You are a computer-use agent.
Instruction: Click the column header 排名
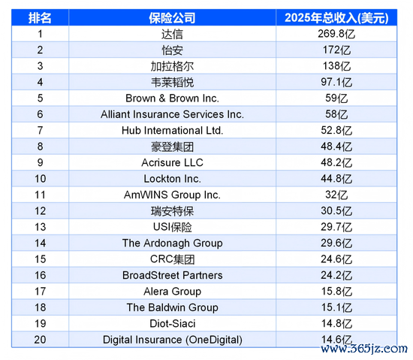coord(40,18)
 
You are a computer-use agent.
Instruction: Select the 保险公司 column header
coord(172,18)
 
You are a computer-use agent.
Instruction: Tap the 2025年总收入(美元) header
coord(336,18)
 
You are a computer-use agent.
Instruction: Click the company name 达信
coord(172,34)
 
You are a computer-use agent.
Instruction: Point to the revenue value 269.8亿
coord(336,34)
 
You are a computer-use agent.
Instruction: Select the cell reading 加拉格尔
coord(172,66)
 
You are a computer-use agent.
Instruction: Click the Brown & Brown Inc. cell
coord(172,98)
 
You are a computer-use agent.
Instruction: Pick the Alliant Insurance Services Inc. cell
coord(172,114)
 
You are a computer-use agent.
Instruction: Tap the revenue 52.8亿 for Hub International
coord(336,131)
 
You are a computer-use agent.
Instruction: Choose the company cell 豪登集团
coord(172,147)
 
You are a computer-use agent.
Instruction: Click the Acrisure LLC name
coord(172,162)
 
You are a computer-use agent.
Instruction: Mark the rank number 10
coord(40,179)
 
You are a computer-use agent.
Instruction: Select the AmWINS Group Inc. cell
coord(172,195)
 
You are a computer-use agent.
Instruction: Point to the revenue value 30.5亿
coord(336,211)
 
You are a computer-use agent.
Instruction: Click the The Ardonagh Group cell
coord(172,244)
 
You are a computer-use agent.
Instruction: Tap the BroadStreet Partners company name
coord(172,275)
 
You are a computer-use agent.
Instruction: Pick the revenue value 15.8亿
coord(336,292)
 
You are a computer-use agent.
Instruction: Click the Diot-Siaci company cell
coord(172,324)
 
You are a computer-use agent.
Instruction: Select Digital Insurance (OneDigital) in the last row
coord(172,340)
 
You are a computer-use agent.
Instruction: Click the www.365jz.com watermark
coord(364,349)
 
